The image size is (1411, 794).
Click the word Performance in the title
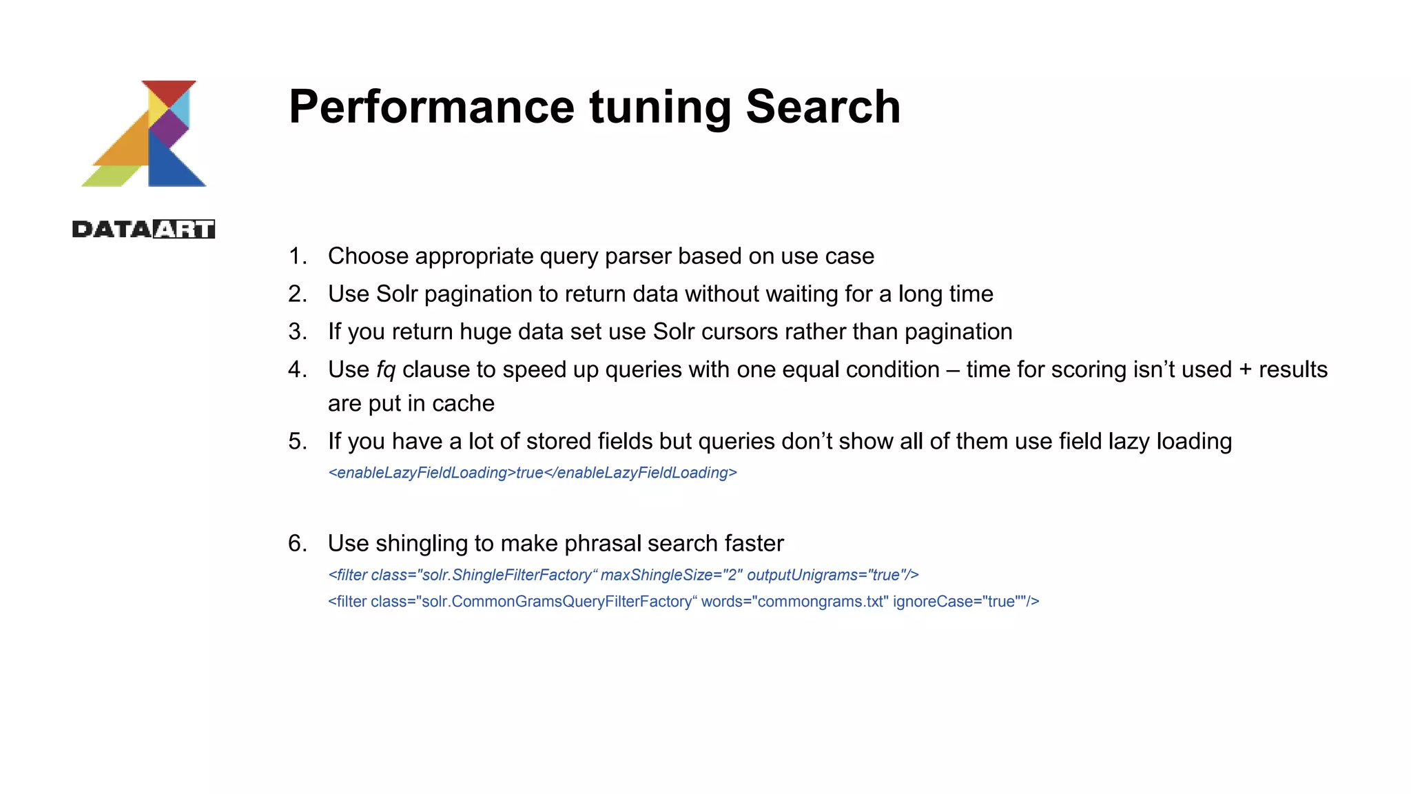click(431, 108)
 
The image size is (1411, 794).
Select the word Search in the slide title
click(823, 108)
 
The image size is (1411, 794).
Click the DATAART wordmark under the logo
click(143, 229)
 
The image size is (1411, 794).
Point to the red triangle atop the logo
click(169, 90)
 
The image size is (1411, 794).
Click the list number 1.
click(297, 256)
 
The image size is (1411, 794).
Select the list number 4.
click(297, 370)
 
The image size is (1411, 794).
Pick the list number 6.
click(297, 544)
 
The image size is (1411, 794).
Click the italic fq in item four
click(386, 370)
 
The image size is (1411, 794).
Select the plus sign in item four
click(1245, 370)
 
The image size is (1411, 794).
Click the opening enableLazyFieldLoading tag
click(422, 473)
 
